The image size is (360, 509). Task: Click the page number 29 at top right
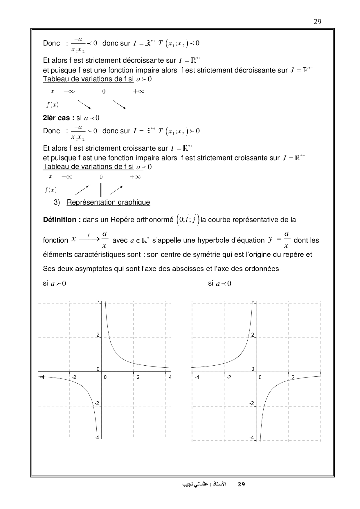coord(317,22)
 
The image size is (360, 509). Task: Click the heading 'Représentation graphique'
coord(108,202)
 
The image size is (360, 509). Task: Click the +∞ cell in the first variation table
coord(138,91)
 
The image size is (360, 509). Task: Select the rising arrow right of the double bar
coord(116,190)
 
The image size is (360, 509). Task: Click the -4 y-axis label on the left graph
coord(96,437)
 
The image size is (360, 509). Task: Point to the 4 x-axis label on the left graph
coord(170,377)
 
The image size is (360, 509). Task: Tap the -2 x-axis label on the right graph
coord(229,377)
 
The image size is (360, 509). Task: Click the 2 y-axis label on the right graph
coord(253,335)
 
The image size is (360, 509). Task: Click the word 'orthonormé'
coord(155,220)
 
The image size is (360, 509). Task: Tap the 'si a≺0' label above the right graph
coord(219,284)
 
